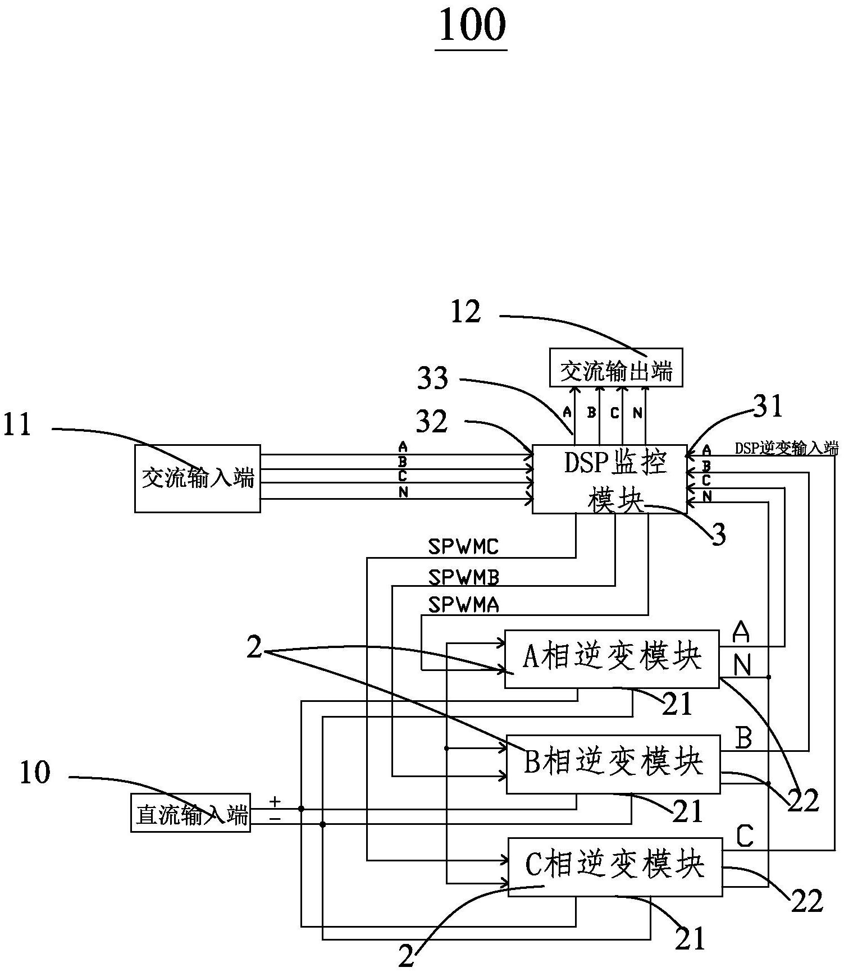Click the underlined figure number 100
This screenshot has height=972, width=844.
point(472,26)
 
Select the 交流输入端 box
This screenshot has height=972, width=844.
point(197,478)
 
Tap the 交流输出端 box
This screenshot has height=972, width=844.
point(615,368)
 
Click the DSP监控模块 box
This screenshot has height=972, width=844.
point(609,479)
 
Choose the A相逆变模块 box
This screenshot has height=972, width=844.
point(612,659)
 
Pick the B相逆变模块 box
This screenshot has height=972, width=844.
point(613,764)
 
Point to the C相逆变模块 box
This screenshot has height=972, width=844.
point(615,866)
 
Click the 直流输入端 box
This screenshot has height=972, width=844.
point(190,813)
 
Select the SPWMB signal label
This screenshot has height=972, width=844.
point(463,577)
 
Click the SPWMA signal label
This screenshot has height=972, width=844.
point(463,605)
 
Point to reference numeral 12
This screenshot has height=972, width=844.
point(466,312)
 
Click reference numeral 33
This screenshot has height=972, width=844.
point(432,378)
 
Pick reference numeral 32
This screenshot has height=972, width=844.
point(432,421)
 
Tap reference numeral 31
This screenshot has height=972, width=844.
point(768,407)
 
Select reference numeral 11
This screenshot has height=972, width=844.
point(17,425)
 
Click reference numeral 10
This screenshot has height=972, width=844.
point(35,773)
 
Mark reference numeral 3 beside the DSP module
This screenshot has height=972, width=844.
point(719,535)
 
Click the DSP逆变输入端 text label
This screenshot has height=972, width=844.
point(787,448)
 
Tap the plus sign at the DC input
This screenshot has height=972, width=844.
point(275,800)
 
